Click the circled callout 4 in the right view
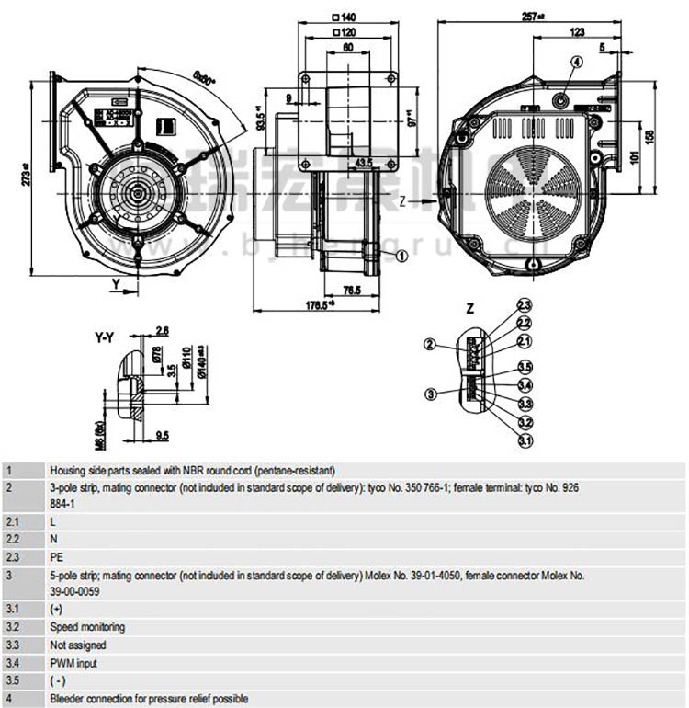click(x=576, y=63)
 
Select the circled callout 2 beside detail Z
click(x=430, y=345)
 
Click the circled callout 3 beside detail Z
click(x=430, y=394)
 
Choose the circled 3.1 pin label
click(x=525, y=441)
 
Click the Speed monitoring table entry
click(x=87, y=627)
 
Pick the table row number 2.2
click(x=13, y=539)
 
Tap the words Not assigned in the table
click(x=78, y=645)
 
